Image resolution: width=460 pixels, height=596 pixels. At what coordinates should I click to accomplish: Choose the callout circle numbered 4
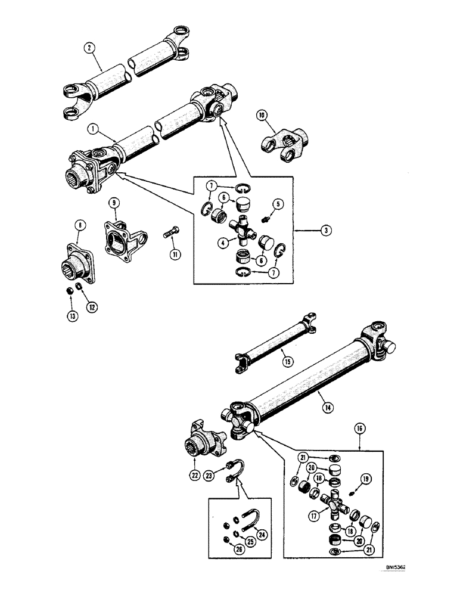coord(221,243)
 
